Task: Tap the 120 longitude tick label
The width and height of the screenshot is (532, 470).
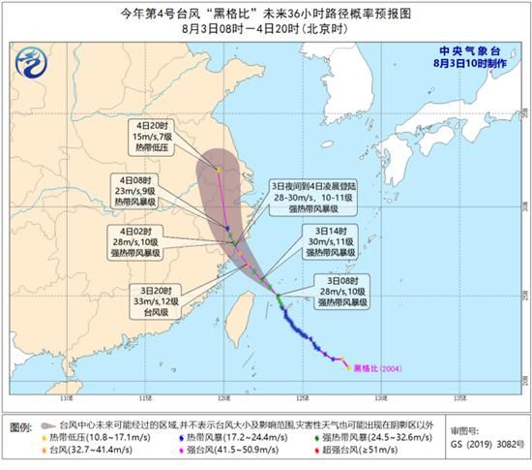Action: tap(223, 398)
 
